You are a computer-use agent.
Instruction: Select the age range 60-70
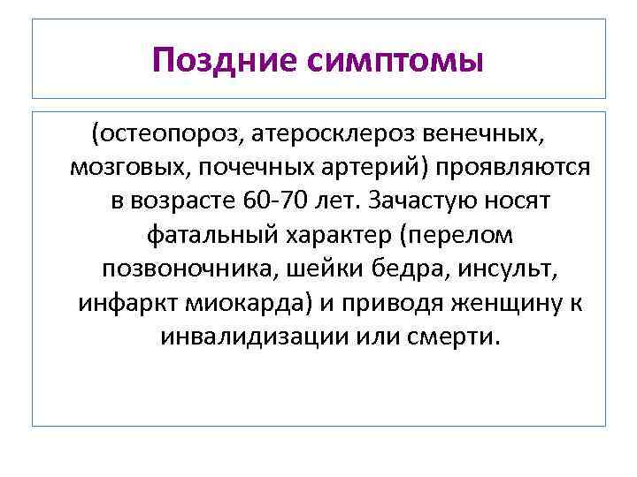(x=271, y=202)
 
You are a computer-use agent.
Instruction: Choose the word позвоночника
(x=177, y=269)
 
